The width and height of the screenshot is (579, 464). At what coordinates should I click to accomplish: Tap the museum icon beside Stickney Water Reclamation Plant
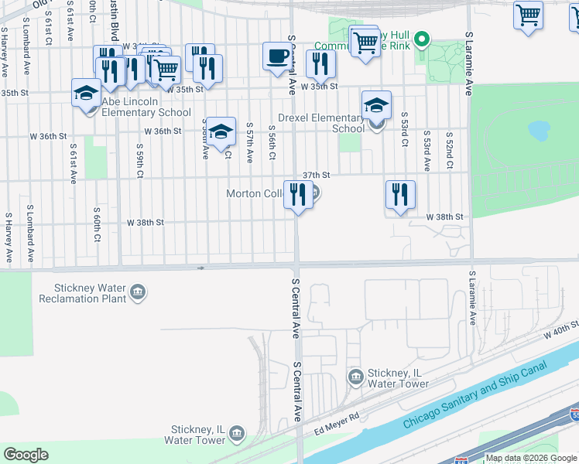[x=139, y=292]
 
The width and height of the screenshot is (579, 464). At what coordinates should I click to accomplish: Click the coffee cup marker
[x=278, y=56]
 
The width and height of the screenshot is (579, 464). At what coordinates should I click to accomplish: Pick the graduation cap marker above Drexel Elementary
[x=376, y=104]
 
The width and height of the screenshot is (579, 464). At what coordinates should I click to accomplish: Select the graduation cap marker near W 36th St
[x=221, y=131]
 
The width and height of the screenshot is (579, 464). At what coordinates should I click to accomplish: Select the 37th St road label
[x=317, y=175]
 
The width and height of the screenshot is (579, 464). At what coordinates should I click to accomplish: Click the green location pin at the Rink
[x=422, y=38]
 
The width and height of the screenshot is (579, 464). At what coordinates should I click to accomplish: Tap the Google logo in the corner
[x=26, y=454]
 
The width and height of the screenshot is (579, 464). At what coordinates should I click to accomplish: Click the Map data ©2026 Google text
[x=532, y=458]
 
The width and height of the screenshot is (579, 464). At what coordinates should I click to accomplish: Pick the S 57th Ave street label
[x=249, y=142]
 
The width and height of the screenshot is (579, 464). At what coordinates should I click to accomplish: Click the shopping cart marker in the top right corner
[x=528, y=15]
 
